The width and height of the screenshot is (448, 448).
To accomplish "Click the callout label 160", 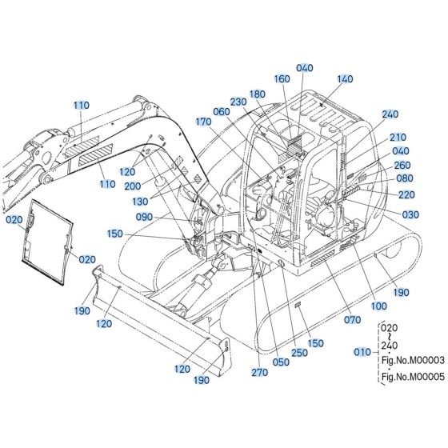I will pos(281,78).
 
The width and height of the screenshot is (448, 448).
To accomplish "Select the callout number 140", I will pos(345,79).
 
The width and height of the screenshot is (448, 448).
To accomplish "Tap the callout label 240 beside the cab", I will pos(390,114).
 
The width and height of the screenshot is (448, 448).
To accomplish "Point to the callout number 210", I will pos(398,137).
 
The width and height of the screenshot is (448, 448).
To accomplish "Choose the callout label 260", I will pos(402,165).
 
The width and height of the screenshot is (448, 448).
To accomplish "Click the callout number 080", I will pos(405,178).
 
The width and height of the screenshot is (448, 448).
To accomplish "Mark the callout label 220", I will pos(406,194).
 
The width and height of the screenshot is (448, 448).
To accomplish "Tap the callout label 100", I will pos(379,306).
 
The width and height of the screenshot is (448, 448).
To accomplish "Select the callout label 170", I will pos(203,122).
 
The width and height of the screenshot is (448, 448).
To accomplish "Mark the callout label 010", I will pos(361,351).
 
